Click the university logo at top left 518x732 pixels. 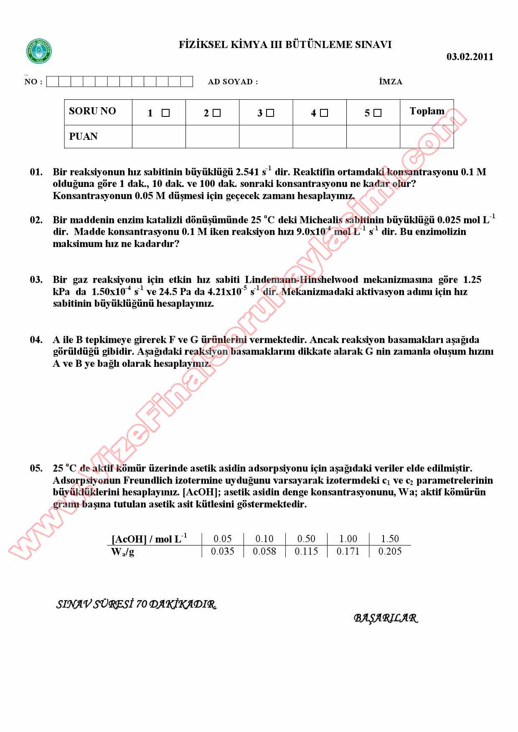[x=39, y=51]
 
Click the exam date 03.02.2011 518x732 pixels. [x=470, y=57]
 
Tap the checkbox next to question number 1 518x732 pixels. [x=165, y=113]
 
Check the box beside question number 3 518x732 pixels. [x=270, y=113]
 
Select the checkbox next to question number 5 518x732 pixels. [x=377, y=113]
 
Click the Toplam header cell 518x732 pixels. [x=427, y=111]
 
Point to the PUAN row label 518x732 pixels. [x=83, y=136]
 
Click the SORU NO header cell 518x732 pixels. [x=92, y=111]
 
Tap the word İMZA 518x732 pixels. [x=391, y=82]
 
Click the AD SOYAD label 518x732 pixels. [x=233, y=82]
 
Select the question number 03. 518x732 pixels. [x=36, y=280]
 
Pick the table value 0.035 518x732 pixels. [x=223, y=551]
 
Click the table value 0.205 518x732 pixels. [x=390, y=551]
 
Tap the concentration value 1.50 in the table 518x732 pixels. [x=390, y=539]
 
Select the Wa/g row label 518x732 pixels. [x=123, y=552]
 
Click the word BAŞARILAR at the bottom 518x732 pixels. [x=386, y=618]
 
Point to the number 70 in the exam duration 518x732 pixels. [x=141, y=604]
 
